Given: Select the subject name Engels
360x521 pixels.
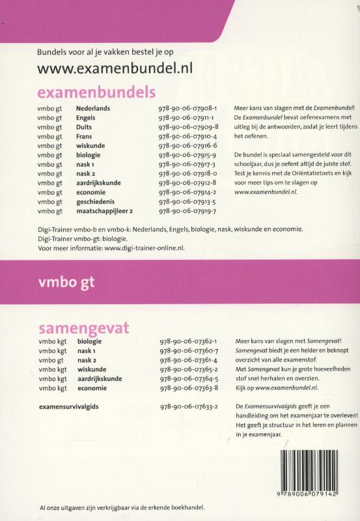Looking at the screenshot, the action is [x=85, y=118].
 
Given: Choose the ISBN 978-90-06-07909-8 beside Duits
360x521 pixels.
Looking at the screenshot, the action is [x=187, y=128].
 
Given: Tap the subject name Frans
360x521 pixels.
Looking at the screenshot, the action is [x=84, y=138].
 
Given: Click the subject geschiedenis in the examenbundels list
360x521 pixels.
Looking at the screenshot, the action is [x=96, y=201].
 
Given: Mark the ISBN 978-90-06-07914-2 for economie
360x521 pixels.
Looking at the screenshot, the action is [x=187, y=190].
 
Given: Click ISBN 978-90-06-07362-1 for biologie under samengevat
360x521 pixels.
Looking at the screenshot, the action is [x=189, y=341].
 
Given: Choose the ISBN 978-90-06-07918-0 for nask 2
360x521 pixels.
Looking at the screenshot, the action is [x=187, y=169].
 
